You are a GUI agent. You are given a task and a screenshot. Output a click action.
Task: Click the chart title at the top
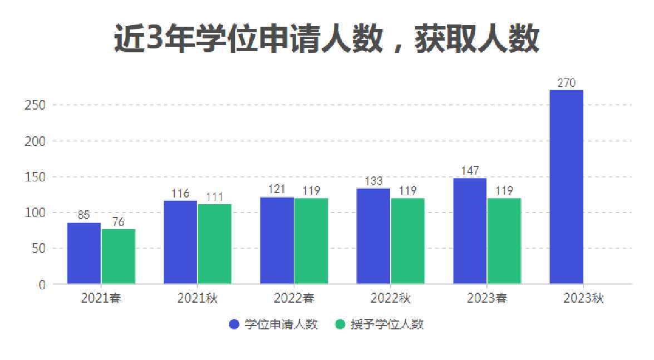pyautogui.click(x=327, y=39)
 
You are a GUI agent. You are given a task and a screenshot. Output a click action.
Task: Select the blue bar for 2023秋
pyautogui.click(x=566, y=187)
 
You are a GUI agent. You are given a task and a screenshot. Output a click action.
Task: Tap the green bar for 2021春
pyautogui.click(x=118, y=257)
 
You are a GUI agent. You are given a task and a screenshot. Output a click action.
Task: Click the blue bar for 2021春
pyautogui.click(x=84, y=253)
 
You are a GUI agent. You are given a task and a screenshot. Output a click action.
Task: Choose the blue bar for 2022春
pyautogui.click(x=277, y=240)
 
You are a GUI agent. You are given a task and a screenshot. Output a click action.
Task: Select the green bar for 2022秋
pyautogui.click(x=407, y=241)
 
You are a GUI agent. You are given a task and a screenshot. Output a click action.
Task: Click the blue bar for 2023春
pyautogui.click(x=470, y=231)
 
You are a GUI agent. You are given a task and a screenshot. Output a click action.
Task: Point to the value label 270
pyautogui.click(x=566, y=83)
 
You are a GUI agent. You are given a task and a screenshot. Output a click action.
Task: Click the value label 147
pyautogui.click(x=470, y=171)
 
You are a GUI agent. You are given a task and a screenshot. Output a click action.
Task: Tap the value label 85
pyautogui.click(x=83, y=215)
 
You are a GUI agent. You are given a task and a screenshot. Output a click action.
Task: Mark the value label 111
pyautogui.click(x=214, y=196)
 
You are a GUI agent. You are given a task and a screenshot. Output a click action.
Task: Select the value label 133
pyautogui.click(x=373, y=181)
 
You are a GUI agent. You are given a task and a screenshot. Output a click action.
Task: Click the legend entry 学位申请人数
pyautogui.click(x=274, y=324)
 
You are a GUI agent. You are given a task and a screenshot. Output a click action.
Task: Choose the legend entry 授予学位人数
pyautogui.click(x=380, y=324)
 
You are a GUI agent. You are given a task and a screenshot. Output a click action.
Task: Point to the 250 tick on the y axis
pyautogui.click(x=36, y=105)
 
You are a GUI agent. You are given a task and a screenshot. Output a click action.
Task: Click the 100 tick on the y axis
pyautogui.click(x=36, y=213)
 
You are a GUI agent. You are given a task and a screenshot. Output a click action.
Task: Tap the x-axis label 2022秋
pyautogui.click(x=390, y=298)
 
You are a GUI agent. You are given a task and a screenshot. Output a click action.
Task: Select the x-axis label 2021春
pyautogui.click(x=101, y=298)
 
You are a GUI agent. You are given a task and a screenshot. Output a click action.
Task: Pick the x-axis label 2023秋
pyautogui.click(x=583, y=298)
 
